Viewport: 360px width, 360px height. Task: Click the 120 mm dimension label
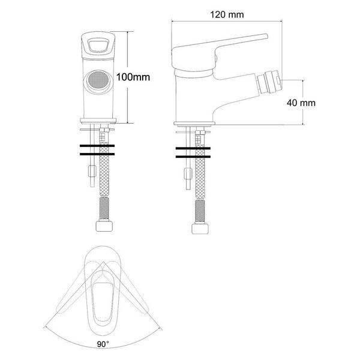[x=227, y=14]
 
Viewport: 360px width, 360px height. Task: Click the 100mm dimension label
[x=133, y=77]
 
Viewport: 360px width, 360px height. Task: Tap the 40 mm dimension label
[x=301, y=103]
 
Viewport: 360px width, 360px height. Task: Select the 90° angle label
[x=103, y=344]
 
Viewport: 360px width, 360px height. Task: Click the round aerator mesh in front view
[x=98, y=80]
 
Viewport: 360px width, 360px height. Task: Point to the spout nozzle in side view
[x=269, y=83]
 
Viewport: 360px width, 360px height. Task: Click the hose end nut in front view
[x=104, y=226]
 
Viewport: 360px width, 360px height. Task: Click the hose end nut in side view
[x=200, y=229]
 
